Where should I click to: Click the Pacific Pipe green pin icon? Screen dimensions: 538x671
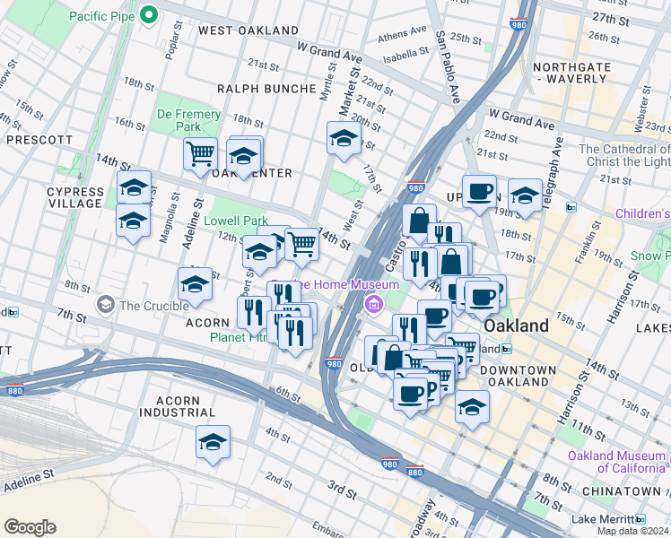tap(149, 15)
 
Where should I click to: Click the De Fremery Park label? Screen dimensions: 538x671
tap(188, 120)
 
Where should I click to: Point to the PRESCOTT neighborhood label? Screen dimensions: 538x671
tap(39, 140)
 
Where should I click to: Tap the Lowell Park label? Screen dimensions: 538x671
tap(236, 221)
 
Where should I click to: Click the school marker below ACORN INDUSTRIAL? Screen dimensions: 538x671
tap(213, 442)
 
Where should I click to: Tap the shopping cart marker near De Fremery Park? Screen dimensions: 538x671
tap(200, 152)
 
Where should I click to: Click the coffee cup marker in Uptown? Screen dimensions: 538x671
tap(479, 190)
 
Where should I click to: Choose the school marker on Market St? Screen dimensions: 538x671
tap(344, 138)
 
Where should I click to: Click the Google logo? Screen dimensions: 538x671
tap(30, 527)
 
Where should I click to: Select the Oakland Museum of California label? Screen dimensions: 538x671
tap(617, 461)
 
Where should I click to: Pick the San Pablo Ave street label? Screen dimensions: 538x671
tap(447, 66)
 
